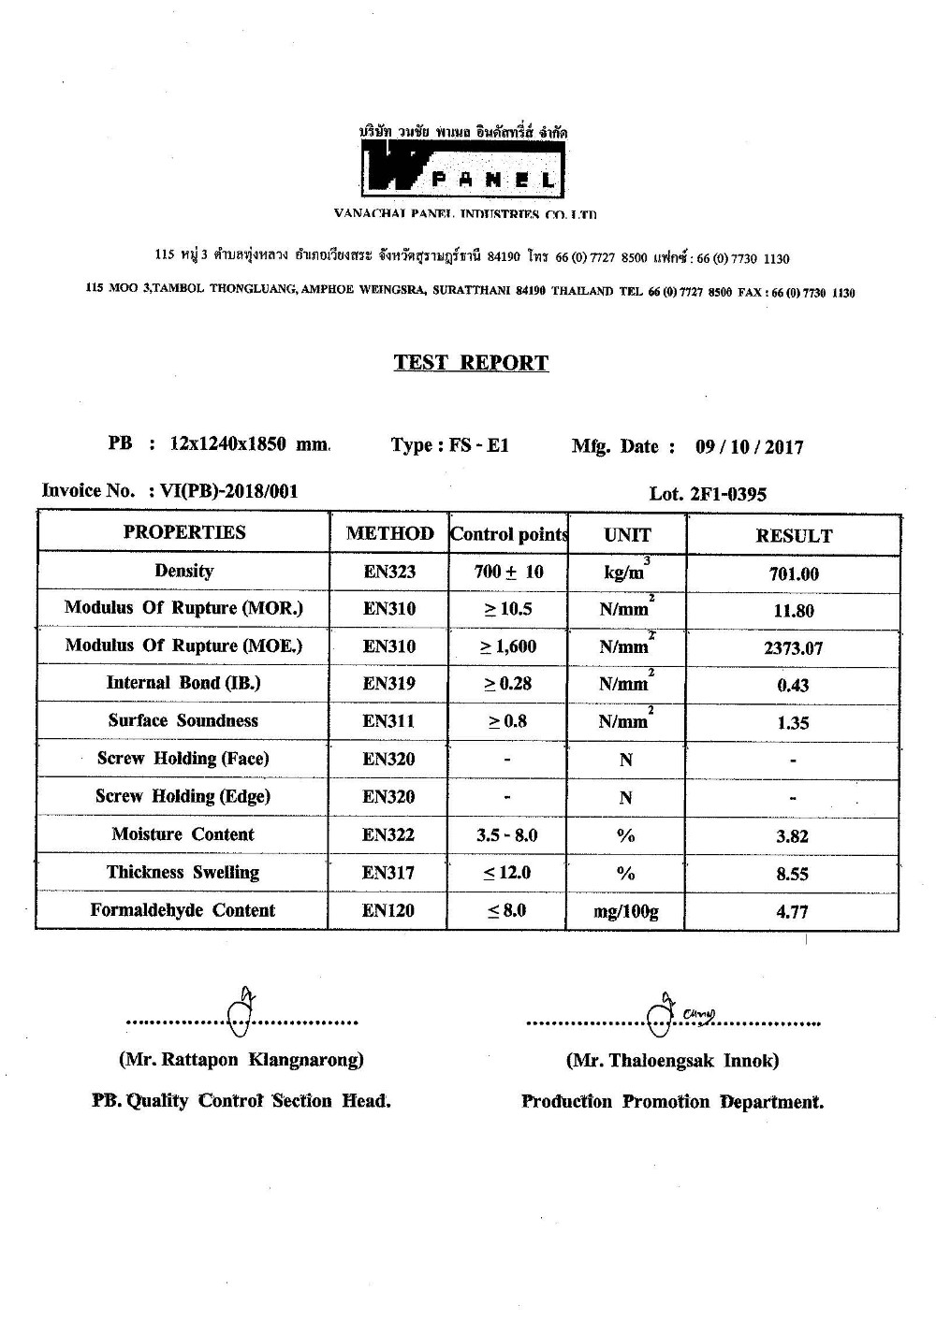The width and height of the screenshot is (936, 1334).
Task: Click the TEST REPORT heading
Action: [471, 363]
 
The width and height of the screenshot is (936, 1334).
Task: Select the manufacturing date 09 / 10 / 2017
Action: [749, 447]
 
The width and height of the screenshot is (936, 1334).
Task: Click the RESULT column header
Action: [794, 536]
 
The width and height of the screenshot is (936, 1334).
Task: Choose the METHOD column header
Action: [389, 534]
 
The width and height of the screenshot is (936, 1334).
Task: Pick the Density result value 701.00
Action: [794, 574]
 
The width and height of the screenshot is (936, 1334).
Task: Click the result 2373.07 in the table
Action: [794, 647]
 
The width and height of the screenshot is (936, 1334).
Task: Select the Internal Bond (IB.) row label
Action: [183, 683]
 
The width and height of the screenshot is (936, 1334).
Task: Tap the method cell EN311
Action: [389, 721]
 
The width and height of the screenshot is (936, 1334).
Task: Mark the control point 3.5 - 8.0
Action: [507, 835]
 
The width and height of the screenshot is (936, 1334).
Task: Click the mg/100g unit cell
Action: [626, 912]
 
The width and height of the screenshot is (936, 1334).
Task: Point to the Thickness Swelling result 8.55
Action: [793, 875]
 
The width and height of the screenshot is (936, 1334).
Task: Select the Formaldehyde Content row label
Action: [183, 911]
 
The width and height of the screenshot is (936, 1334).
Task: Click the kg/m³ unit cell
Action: [626, 573]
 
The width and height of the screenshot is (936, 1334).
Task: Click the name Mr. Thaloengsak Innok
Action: [672, 1061]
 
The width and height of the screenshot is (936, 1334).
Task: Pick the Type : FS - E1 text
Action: [450, 446]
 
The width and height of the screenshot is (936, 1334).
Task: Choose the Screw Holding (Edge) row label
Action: [183, 797]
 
